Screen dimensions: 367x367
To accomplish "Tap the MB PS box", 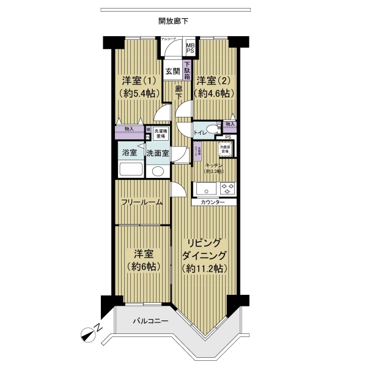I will [x=190, y=47].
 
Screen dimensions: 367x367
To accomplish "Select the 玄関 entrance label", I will [x=172, y=70].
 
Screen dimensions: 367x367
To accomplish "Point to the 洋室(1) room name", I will [x=138, y=80].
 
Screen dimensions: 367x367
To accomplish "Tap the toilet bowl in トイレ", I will [x=212, y=129].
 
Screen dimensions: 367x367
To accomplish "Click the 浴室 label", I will [x=129, y=152].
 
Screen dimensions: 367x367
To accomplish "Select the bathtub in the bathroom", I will [x=130, y=170].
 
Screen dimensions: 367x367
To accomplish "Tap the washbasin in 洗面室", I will [x=158, y=171].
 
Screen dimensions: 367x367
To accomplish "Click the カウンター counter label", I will [x=212, y=202].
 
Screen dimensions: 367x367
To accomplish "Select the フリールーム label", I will [x=141, y=202].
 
